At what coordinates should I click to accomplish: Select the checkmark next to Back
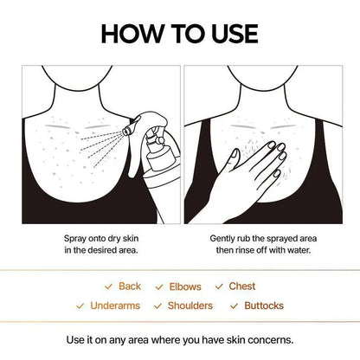pos(109,286)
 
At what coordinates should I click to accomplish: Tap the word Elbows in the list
pos(186,286)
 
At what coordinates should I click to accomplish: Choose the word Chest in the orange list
pos(242,286)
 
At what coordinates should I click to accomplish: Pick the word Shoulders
pos(190,305)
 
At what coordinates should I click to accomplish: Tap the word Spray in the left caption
pos(75,237)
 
